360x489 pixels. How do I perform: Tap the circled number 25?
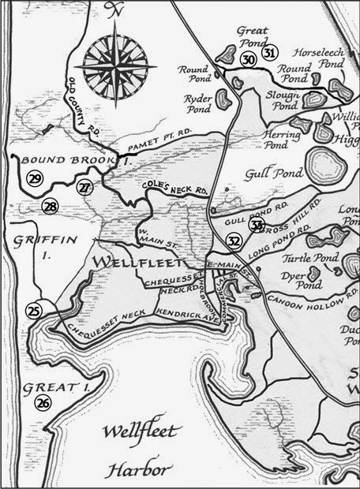[x=33, y=311]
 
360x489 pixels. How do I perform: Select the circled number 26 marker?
[x=42, y=403]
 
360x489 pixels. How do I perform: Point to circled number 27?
[x=84, y=187]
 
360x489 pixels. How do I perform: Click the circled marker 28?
[x=50, y=207]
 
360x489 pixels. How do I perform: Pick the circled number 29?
[x=34, y=179]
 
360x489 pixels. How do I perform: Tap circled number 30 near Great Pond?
[x=248, y=60]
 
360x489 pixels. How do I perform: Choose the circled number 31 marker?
[x=271, y=54]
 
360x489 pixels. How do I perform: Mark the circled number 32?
[x=234, y=241]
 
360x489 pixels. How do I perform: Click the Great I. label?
[x=52, y=388]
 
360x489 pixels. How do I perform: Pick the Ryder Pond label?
[x=197, y=102]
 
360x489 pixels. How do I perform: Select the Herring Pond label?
[x=261, y=140]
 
